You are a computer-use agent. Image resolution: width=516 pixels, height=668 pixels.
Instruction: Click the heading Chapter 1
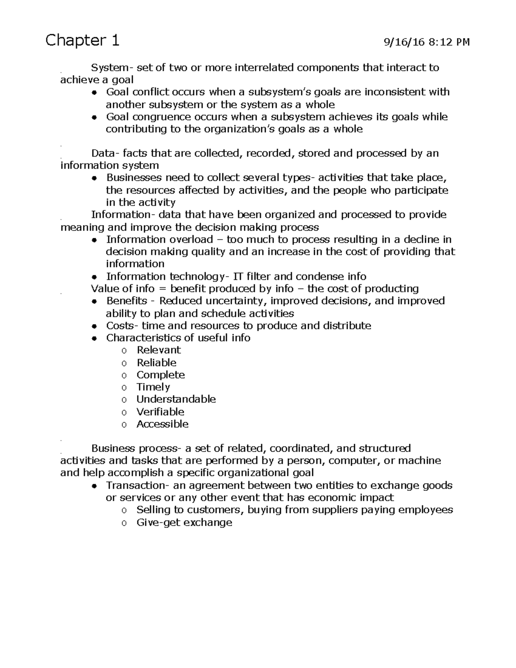(82, 40)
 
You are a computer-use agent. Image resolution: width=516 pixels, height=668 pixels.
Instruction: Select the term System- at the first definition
(109, 68)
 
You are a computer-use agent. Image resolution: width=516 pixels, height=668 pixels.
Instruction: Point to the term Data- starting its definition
(105, 154)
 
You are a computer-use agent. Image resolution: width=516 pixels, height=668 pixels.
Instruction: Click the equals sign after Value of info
(162, 289)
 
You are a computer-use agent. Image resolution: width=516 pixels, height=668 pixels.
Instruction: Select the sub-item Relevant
(159, 350)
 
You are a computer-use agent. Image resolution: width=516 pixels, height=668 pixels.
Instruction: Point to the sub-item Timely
(153, 387)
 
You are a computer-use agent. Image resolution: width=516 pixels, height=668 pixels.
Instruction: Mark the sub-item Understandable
(176, 399)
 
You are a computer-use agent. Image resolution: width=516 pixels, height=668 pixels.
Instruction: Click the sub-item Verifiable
(160, 412)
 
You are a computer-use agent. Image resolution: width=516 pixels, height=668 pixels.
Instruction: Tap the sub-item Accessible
(162, 424)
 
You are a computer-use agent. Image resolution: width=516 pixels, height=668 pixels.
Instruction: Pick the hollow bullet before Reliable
(124, 363)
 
